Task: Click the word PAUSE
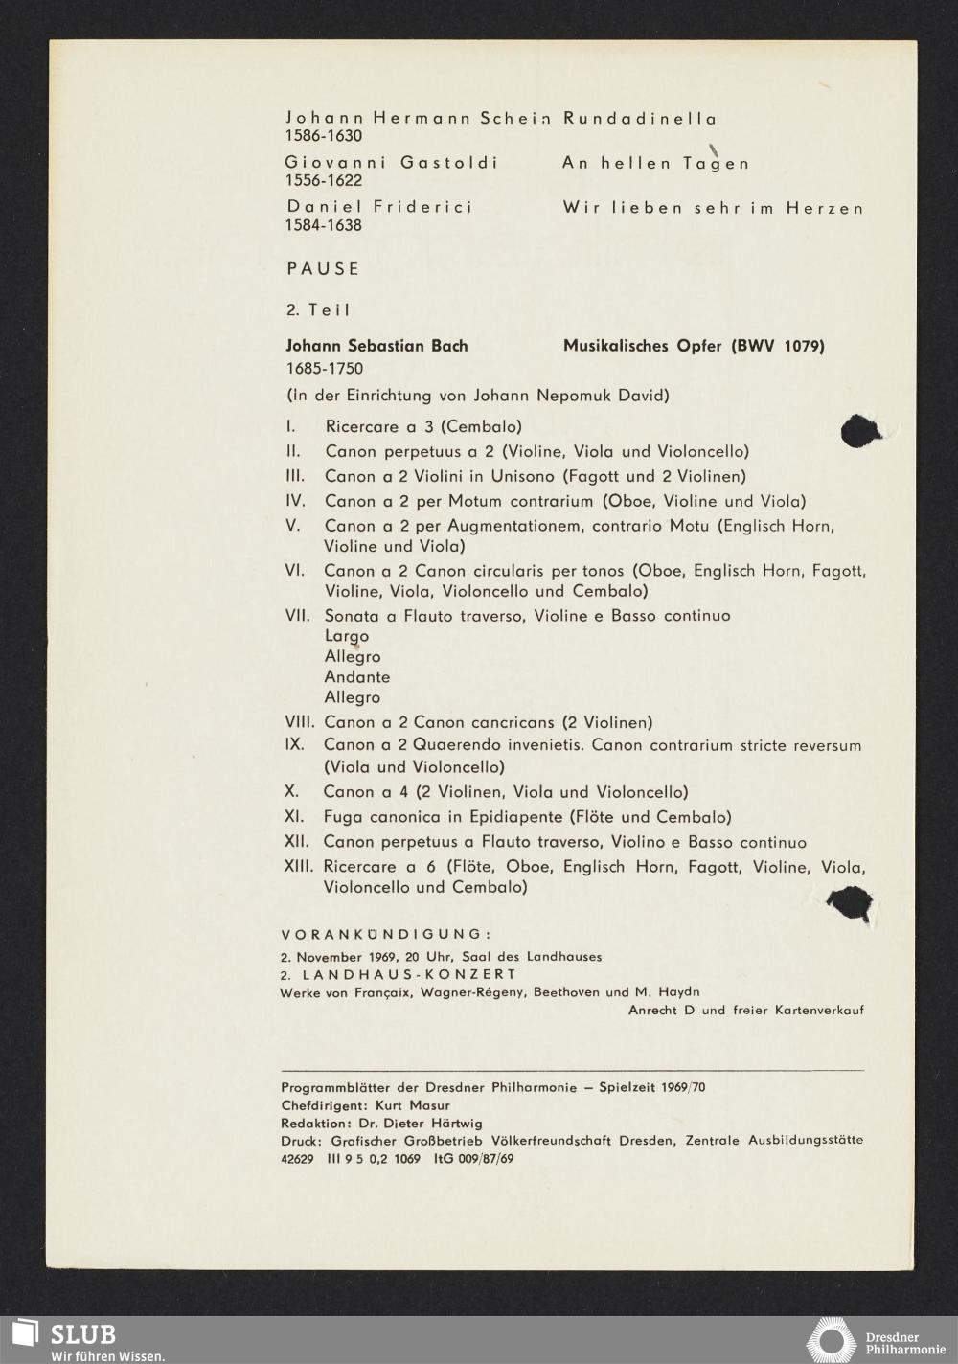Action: [323, 269]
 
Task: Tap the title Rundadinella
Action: [640, 119]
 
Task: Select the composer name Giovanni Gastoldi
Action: [391, 163]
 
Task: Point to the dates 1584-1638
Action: [324, 226]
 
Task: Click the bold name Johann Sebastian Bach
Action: [376, 346]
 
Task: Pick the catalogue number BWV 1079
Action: [778, 346]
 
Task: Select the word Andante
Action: [356, 677]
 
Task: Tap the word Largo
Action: [347, 636]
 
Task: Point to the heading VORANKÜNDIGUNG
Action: [386, 934]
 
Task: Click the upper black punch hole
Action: [861, 431]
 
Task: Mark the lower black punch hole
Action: [849, 904]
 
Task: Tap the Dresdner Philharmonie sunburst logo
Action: [830, 1339]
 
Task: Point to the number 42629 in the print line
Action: [298, 1158]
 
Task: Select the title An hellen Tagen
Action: [656, 164]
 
